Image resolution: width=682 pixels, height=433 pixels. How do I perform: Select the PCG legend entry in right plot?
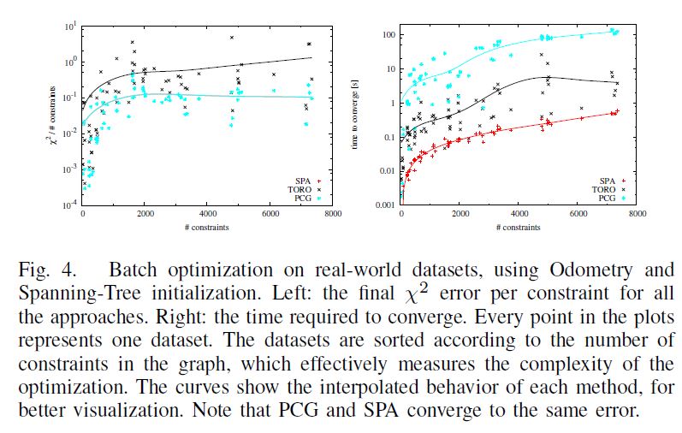pos(607,198)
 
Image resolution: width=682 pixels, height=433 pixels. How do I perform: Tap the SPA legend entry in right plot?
pos(607,181)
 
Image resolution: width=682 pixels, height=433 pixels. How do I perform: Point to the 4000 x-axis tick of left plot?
pos(208,214)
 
